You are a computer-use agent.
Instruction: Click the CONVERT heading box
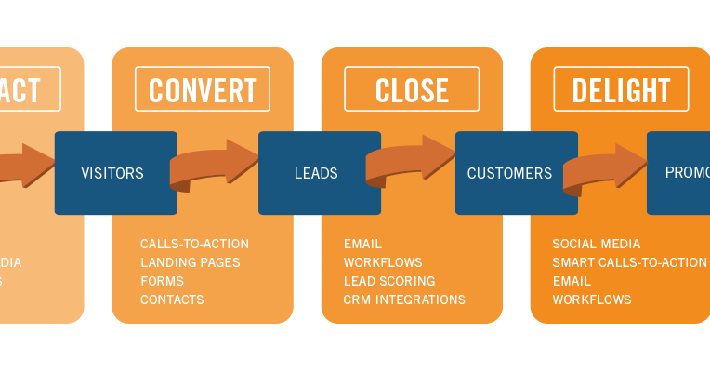pyautogui.click(x=203, y=89)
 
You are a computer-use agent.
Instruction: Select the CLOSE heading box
pyautogui.click(x=412, y=89)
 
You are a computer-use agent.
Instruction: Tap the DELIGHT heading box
pyautogui.click(x=621, y=89)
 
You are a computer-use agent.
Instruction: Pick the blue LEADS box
pyautogui.click(x=318, y=173)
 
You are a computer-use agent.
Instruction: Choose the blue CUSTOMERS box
pyautogui.click(x=515, y=173)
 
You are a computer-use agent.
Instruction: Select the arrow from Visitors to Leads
pyautogui.click(x=217, y=165)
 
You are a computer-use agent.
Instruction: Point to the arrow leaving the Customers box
pyautogui.click(x=607, y=168)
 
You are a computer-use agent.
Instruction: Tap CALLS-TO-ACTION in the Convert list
pyautogui.click(x=194, y=244)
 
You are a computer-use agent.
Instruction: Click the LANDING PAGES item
pyautogui.click(x=190, y=262)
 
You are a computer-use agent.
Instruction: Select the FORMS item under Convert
pyautogui.click(x=162, y=281)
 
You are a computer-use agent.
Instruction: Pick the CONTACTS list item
pyautogui.click(x=172, y=300)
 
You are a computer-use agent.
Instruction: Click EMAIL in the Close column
pyautogui.click(x=362, y=244)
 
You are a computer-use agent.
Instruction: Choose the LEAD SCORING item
pyautogui.click(x=388, y=281)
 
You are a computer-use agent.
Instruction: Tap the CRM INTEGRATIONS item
pyautogui.click(x=404, y=300)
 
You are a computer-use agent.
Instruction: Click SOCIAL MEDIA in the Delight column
pyautogui.click(x=596, y=244)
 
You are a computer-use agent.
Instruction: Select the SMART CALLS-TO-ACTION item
pyautogui.click(x=629, y=262)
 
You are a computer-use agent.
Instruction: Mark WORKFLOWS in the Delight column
pyautogui.click(x=591, y=300)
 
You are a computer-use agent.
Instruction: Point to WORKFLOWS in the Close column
pyautogui.click(x=382, y=262)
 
